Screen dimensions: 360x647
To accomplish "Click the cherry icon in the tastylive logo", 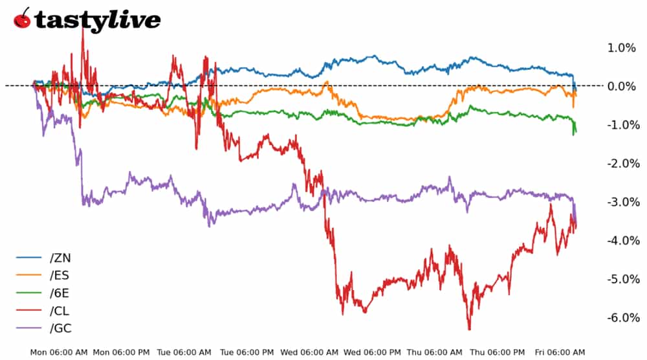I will tap(21, 19).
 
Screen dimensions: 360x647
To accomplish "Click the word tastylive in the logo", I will tap(97, 20).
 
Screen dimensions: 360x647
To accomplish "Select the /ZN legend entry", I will tap(60, 258).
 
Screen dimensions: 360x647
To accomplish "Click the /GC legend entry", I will tap(60, 328).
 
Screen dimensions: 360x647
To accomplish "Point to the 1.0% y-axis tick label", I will tap(621, 48).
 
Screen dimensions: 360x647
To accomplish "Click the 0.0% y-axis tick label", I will tap(621, 86).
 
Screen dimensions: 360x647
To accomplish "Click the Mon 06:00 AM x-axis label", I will tap(60, 352).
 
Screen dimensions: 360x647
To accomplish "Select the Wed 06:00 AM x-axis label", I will tap(309, 352).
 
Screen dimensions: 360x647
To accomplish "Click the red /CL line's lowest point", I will tap(469, 329).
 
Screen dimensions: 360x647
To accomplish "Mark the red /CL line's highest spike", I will tap(82, 29).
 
